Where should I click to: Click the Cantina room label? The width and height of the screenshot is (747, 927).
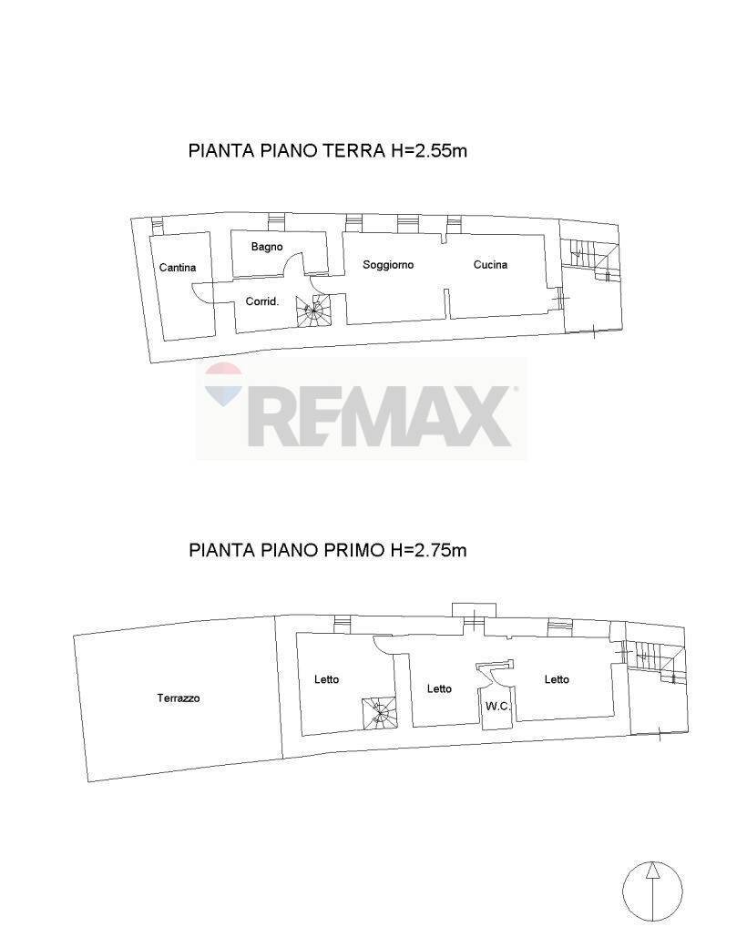click(x=178, y=268)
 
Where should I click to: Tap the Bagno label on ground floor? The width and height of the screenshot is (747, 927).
click(x=267, y=247)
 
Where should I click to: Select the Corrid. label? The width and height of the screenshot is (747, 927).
click(x=262, y=301)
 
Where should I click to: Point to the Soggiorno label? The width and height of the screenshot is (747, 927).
click(x=388, y=265)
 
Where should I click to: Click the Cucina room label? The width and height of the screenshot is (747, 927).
click(x=490, y=265)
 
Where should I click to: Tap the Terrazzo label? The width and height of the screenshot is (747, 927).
click(x=179, y=698)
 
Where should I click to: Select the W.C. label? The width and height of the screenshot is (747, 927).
click(x=497, y=707)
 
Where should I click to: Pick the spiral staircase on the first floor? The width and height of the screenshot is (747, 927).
click(x=379, y=713)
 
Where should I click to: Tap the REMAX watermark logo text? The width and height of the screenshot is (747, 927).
click(x=378, y=415)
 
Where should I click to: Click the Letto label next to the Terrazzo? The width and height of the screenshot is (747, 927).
click(x=327, y=679)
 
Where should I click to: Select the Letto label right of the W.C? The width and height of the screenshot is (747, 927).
click(x=557, y=679)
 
